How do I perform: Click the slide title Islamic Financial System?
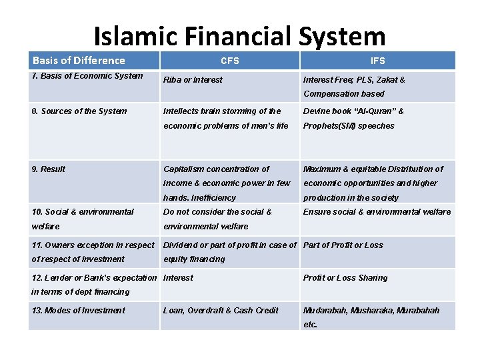pyautogui.click(x=239, y=37)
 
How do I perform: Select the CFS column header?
pyautogui.click(x=230, y=61)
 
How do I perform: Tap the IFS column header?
pyautogui.click(x=377, y=61)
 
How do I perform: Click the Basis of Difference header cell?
pyautogui.click(x=79, y=61)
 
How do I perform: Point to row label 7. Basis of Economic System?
pyautogui.click(x=87, y=75)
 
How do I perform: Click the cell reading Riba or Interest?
pyautogui.click(x=193, y=80)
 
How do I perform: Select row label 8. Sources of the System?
pyautogui.click(x=79, y=111)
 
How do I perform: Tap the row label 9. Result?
pyautogui.click(x=48, y=169)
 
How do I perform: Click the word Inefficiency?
pyautogui.click(x=214, y=198)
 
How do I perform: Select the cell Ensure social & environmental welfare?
pyautogui.click(x=377, y=212)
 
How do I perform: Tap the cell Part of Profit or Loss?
pyautogui.click(x=343, y=245)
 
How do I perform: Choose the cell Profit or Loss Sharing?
pyautogui.click(x=345, y=278)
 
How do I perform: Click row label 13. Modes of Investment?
pyautogui.click(x=78, y=311)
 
